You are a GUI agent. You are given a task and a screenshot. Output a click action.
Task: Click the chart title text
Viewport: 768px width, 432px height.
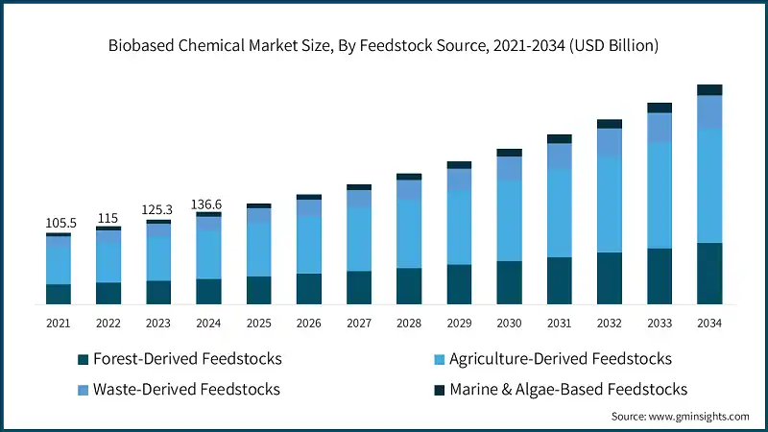click(383, 45)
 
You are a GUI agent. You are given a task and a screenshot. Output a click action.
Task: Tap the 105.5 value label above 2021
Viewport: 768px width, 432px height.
click(59, 223)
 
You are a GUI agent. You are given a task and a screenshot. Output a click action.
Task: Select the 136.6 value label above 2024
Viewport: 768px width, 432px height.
click(208, 204)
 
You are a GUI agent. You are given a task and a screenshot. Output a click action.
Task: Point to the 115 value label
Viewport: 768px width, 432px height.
click(108, 218)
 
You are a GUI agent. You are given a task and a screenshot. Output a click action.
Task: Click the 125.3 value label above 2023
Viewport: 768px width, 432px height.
click(158, 210)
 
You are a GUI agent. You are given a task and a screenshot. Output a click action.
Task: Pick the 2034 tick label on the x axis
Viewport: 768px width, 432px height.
click(709, 324)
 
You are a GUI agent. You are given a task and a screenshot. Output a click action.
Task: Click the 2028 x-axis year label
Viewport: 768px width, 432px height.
click(409, 324)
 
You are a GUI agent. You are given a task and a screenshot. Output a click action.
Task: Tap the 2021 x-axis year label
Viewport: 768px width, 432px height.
click(59, 324)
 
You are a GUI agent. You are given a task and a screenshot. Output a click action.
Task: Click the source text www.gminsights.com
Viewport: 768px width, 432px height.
click(681, 417)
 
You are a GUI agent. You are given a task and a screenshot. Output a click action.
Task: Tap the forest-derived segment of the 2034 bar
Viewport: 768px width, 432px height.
click(709, 274)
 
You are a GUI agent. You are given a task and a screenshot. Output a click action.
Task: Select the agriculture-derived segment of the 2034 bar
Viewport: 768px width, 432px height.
click(709, 185)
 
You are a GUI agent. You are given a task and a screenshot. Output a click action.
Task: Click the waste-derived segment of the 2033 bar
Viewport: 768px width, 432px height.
click(660, 128)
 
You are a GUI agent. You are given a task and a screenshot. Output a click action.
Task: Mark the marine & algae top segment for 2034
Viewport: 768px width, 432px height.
click(709, 90)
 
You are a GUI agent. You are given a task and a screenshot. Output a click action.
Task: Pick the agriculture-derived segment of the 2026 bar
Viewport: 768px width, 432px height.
click(309, 245)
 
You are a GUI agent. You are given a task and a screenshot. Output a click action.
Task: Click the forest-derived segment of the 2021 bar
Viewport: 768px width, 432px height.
click(59, 294)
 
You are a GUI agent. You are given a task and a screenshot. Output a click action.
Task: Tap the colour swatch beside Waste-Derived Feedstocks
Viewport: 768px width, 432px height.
click(84, 389)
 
